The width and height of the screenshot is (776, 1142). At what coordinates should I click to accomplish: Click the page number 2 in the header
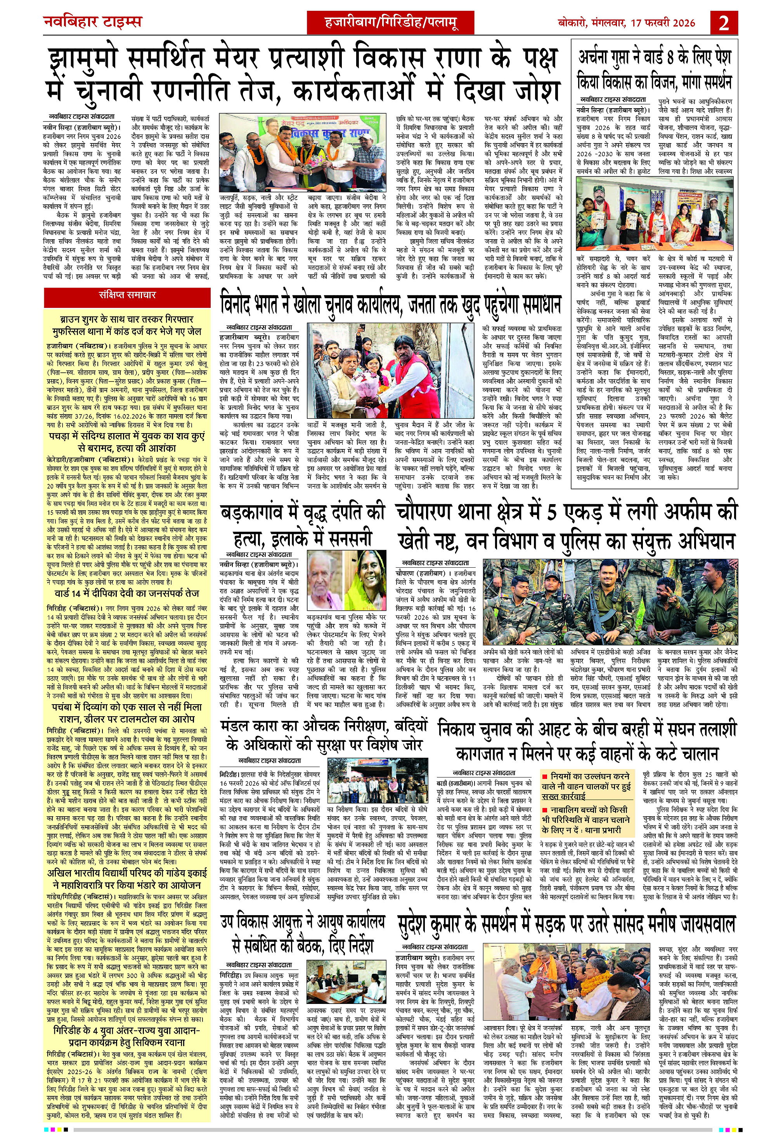pos(724,22)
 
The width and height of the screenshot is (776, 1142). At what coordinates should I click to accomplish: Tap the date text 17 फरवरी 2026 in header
pos(662,22)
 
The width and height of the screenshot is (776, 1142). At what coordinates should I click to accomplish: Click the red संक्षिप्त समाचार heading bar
pos(127,295)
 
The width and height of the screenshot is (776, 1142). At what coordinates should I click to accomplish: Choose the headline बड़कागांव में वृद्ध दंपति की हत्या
pos(303,525)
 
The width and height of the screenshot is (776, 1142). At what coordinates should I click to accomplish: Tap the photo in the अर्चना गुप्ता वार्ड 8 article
pos(655,213)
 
